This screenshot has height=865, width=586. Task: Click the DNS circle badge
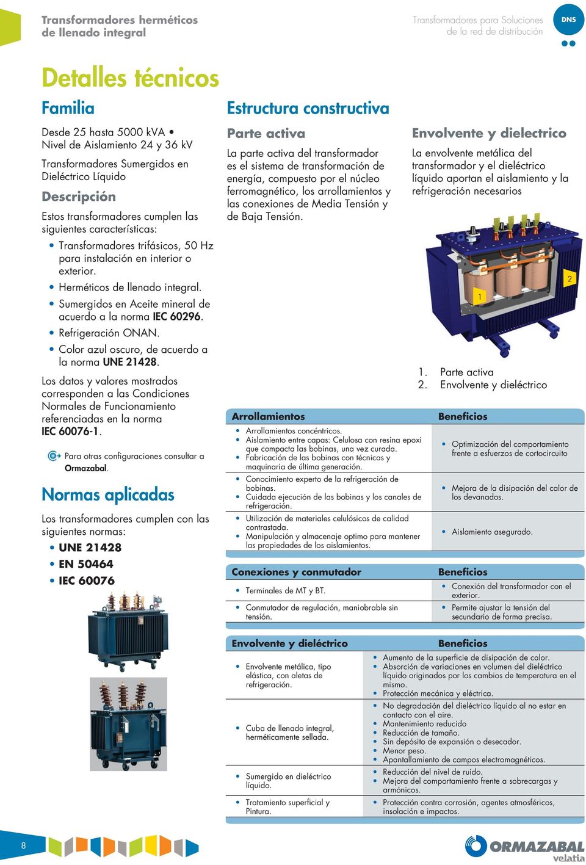[568, 20]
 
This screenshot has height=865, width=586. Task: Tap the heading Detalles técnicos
[130, 78]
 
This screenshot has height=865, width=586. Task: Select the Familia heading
[68, 108]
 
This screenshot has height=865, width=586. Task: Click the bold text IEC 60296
[177, 316]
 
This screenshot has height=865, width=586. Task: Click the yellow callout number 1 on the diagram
[480, 297]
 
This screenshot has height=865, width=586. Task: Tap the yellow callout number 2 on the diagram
[570, 279]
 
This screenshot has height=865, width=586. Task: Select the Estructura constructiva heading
[308, 109]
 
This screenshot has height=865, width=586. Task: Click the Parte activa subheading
[266, 134]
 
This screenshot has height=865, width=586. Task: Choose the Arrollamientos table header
[268, 416]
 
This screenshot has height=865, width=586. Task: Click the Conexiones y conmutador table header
[296, 572]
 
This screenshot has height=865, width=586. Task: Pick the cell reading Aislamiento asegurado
[491, 532]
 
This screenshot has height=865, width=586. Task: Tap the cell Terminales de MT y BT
[285, 590]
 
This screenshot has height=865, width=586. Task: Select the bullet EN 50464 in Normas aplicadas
[86, 564]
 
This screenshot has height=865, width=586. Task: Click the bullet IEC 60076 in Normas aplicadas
[87, 581]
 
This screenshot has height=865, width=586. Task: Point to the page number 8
[24, 845]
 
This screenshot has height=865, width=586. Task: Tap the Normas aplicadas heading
[108, 494]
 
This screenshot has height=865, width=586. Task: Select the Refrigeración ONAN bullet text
[109, 333]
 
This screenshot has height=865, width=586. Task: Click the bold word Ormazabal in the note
[85, 468]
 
